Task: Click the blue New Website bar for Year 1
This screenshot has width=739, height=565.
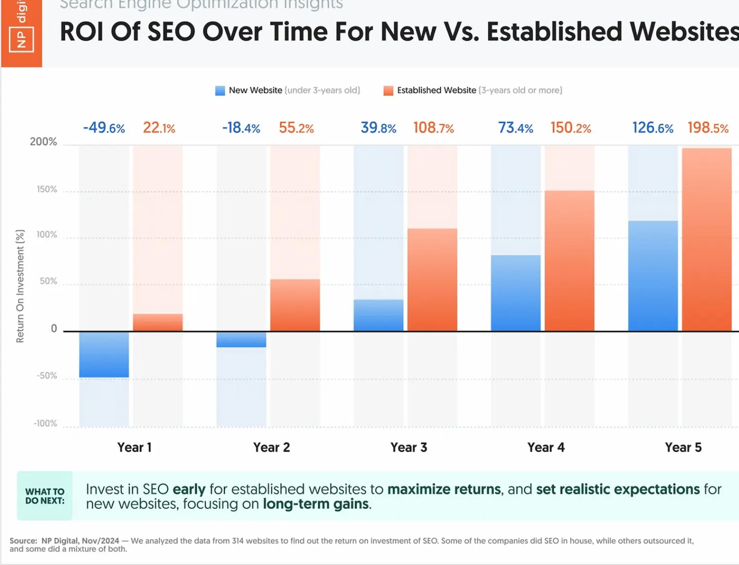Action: pyautogui.click(x=104, y=355)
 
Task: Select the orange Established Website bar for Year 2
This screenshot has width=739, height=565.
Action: pyautogui.click(x=295, y=305)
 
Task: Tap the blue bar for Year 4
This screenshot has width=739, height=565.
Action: pyautogui.click(x=515, y=293)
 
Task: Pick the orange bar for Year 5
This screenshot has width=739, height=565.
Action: pyautogui.click(x=707, y=240)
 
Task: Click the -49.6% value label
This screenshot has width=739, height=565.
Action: pyautogui.click(x=104, y=128)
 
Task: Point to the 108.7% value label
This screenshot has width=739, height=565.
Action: pyautogui.click(x=433, y=128)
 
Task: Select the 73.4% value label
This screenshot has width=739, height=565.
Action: pyautogui.click(x=515, y=128)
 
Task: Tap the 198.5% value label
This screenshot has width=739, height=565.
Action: pyautogui.click(x=708, y=128)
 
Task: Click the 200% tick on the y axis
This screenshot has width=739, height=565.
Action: pyautogui.click(x=43, y=142)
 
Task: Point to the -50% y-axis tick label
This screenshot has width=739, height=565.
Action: pyautogui.click(x=47, y=376)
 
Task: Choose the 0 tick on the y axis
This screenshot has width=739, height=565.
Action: pyautogui.click(x=54, y=329)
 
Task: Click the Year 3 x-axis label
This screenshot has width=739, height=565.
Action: pyautogui.click(x=409, y=448)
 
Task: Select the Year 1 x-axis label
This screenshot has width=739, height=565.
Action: pyautogui.click(x=134, y=448)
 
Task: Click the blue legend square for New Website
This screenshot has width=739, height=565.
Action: pyautogui.click(x=220, y=91)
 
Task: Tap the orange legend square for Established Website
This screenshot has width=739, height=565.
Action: pyautogui.click(x=388, y=91)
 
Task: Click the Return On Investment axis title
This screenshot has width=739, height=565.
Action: pyautogui.click(x=20, y=287)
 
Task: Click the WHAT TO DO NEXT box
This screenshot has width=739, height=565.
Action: pyautogui.click(x=45, y=496)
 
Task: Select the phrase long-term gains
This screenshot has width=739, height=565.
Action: pyautogui.click(x=317, y=504)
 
